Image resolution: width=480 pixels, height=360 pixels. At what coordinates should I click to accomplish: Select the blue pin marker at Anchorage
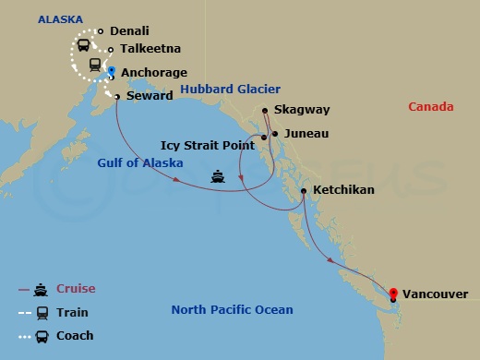[112, 70]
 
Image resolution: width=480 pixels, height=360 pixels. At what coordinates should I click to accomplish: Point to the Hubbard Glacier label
[221, 89]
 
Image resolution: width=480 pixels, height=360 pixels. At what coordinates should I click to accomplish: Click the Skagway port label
[301, 110]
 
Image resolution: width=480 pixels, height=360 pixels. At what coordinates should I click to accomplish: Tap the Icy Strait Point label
[209, 145]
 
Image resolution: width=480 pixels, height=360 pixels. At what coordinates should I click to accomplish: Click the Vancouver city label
[436, 295]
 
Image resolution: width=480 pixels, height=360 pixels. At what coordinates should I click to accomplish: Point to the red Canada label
[430, 107]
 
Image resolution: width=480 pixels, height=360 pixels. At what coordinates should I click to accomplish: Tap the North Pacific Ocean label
[232, 310]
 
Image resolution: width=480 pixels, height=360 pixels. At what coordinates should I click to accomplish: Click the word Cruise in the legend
[76, 289]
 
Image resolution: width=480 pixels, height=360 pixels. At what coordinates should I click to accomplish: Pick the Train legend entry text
[72, 313]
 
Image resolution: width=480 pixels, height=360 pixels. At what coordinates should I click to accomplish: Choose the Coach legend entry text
[75, 336]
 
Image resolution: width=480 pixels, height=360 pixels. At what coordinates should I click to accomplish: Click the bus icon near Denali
[82, 44]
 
